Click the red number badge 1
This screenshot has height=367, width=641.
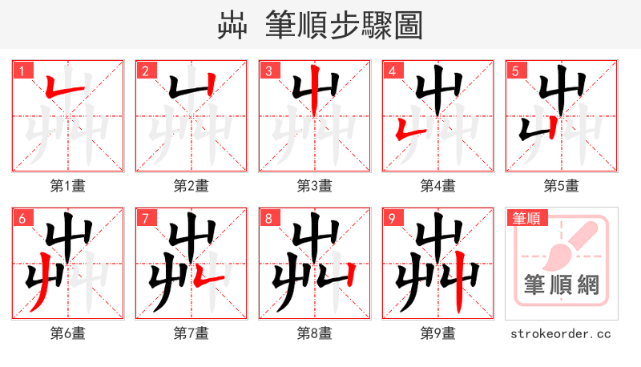click(21, 70)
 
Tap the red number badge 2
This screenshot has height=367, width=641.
click(144, 70)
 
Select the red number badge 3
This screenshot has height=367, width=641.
click(268, 70)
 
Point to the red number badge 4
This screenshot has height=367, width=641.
click(391, 70)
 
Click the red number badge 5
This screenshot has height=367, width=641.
click(514, 70)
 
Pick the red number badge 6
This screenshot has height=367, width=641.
click(21, 217)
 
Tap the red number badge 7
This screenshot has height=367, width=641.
click(144, 217)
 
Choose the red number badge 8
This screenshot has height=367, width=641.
click(268, 217)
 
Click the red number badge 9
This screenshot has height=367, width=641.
click(391, 217)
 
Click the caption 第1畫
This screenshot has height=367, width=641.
click(68, 186)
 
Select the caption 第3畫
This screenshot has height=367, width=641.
click(315, 186)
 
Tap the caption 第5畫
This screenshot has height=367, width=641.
click(562, 186)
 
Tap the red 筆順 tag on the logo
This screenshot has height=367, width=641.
click(526, 217)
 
